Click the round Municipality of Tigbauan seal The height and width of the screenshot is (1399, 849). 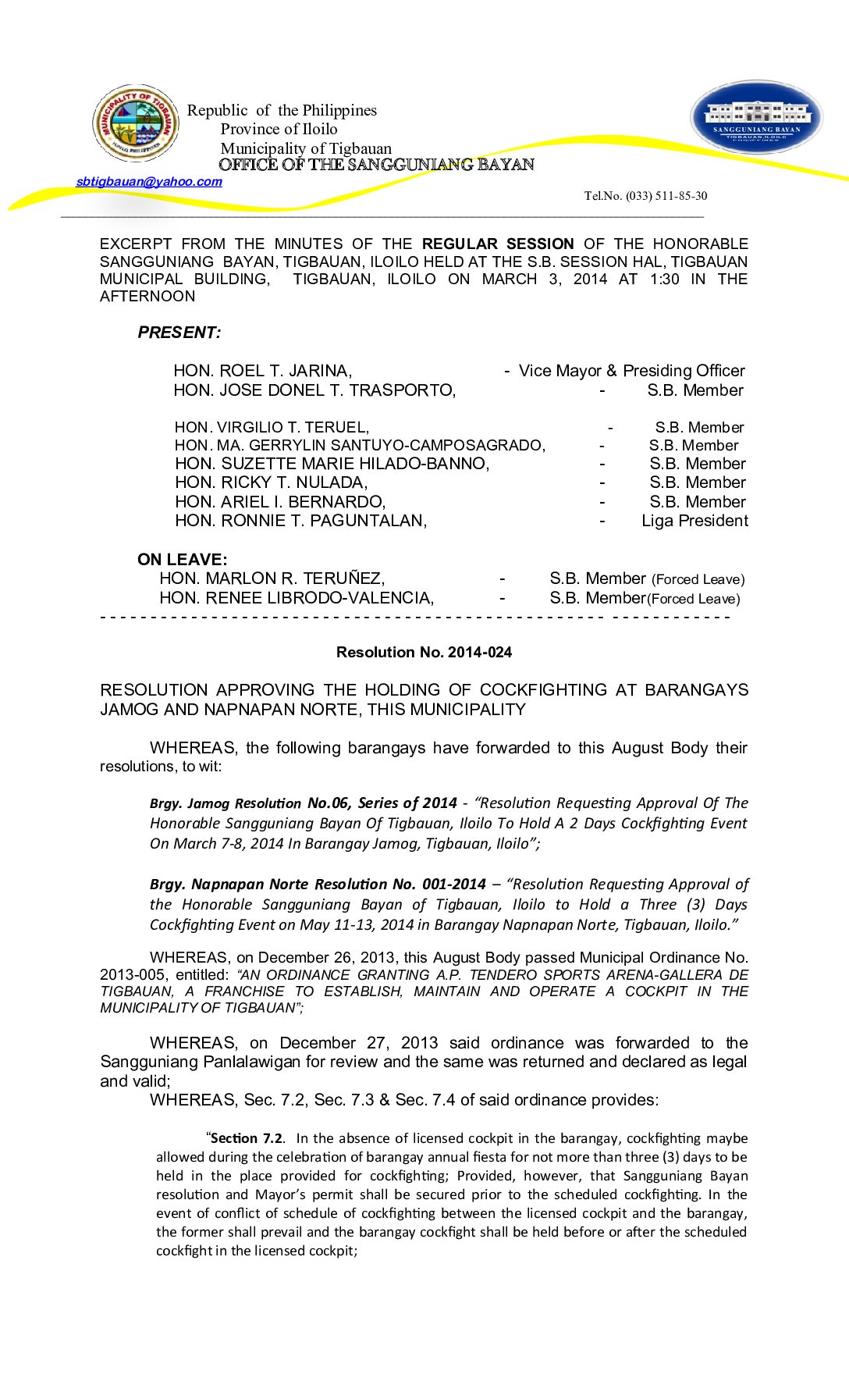pyautogui.click(x=136, y=123)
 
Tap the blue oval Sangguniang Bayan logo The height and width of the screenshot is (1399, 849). pyautogui.click(x=756, y=118)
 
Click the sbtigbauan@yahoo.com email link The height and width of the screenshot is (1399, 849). pyautogui.click(x=149, y=182)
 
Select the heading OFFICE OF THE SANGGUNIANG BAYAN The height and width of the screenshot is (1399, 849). pyautogui.click(x=376, y=165)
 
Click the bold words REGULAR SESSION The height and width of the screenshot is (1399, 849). pyautogui.click(x=498, y=244)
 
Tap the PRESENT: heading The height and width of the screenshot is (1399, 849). pyautogui.click(x=179, y=333)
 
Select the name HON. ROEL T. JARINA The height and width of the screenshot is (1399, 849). pyautogui.click(x=262, y=371)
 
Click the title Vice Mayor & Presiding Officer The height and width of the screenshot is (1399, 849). pyautogui.click(x=631, y=371)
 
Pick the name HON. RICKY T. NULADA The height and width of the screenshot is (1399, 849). pyautogui.click(x=271, y=483)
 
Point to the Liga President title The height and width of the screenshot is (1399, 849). pyautogui.click(x=694, y=521)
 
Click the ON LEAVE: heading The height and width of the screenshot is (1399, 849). pyautogui.click(x=183, y=560)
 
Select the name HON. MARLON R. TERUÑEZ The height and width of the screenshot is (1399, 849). pyautogui.click(x=272, y=578)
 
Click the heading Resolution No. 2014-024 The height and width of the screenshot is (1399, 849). pyautogui.click(x=424, y=653)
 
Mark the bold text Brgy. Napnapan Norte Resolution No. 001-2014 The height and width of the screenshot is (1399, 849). pyautogui.click(x=318, y=885)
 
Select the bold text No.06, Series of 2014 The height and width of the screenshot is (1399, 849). pyautogui.click(x=382, y=803)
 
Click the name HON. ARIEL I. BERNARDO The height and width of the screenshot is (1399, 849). pyautogui.click(x=280, y=502)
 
